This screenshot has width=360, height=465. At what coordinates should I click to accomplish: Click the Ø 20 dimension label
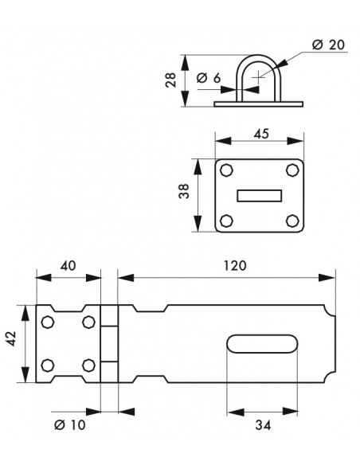(329, 45)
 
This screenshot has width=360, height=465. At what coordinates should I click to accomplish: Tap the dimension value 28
(170, 80)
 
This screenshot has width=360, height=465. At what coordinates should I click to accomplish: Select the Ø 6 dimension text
(209, 78)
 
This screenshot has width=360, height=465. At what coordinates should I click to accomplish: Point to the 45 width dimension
(261, 134)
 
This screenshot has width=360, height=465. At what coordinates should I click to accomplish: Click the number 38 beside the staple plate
(184, 191)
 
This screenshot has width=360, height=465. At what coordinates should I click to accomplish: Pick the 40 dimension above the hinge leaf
(68, 265)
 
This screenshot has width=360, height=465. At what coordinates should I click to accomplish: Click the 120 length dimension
(235, 265)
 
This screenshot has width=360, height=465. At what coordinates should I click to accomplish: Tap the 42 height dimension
(11, 338)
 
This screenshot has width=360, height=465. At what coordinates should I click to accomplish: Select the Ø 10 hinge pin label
(70, 425)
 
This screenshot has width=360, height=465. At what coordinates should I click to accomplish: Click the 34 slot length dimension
(263, 425)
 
